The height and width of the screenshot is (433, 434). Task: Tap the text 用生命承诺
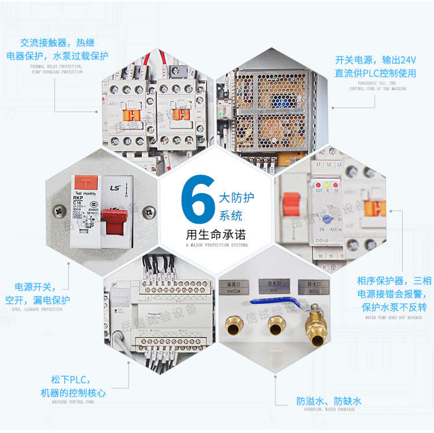(217, 235)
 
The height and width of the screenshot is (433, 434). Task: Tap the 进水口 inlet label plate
(273, 287)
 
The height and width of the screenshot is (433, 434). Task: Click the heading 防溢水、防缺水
(329, 401)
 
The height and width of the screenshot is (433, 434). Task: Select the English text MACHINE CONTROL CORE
(73, 402)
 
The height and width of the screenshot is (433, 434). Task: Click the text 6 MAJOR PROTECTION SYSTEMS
(216, 245)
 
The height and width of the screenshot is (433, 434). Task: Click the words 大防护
(236, 198)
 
